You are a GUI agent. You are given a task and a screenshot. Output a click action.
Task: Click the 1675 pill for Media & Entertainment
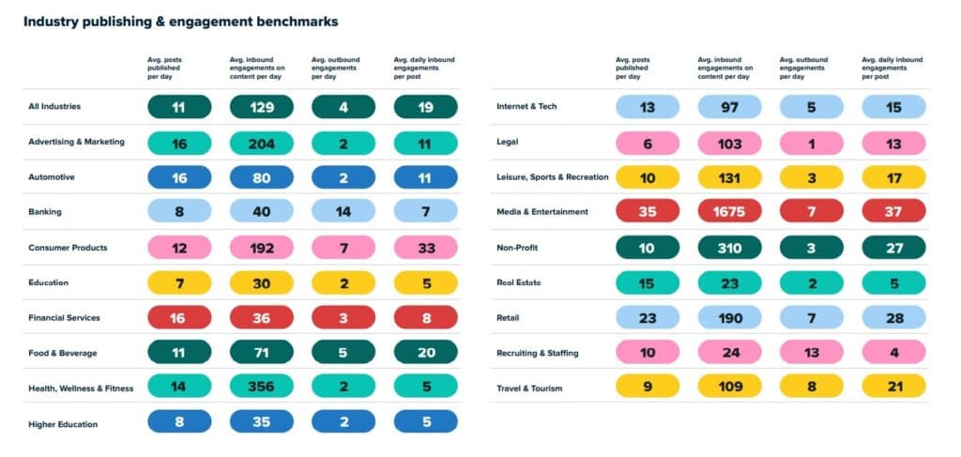[x=729, y=212]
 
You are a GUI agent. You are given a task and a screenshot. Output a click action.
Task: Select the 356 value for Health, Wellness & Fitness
[x=261, y=388]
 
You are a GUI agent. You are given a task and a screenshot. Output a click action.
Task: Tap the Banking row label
[x=44, y=212]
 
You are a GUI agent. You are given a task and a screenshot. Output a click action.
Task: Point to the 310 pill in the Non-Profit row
[x=729, y=248]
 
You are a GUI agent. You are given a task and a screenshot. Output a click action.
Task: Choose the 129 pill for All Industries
[x=261, y=107]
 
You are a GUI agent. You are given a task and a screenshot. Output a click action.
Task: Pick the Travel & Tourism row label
[x=530, y=388]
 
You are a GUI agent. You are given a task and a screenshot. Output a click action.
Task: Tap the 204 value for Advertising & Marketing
[x=261, y=143]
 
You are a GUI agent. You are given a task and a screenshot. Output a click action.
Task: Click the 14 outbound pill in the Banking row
[x=343, y=212]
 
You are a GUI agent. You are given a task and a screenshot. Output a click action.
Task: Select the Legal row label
[x=507, y=143]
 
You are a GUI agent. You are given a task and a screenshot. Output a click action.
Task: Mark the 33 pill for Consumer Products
[x=425, y=248]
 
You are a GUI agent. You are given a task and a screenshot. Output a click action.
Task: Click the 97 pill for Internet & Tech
[x=729, y=107]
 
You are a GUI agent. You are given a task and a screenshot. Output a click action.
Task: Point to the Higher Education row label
[x=63, y=424]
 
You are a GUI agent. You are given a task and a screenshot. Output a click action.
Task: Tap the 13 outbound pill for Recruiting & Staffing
[x=812, y=353]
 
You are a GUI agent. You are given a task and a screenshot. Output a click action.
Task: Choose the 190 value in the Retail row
[x=729, y=318]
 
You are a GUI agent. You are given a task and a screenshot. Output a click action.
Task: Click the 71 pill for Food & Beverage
[x=261, y=353]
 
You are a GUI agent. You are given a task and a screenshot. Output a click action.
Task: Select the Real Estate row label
[x=518, y=282]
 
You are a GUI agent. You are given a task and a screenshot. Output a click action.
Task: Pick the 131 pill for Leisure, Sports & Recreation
[x=729, y=177]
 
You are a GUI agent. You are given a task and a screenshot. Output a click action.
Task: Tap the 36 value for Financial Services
[x=261, y=318]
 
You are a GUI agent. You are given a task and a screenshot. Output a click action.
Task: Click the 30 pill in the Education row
[x=261, y=282]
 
